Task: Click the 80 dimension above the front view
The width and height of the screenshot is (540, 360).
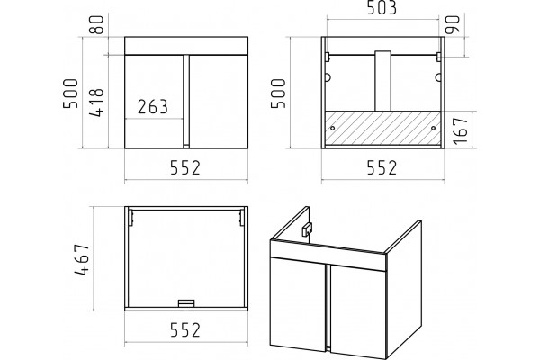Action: (98, 24)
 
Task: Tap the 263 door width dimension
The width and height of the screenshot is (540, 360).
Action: (153, 107)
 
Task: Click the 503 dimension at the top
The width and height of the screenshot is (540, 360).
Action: (382, 8)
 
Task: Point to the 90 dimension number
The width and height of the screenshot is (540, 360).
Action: (454, 24)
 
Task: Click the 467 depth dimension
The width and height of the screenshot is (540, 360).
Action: (83, 260)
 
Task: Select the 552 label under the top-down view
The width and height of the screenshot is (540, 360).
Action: (185, 330)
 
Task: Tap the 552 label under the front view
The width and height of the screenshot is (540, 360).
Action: (185, 167)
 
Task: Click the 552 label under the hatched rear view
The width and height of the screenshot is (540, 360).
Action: (382, 167)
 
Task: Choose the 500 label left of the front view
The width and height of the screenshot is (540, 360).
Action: (70, 94)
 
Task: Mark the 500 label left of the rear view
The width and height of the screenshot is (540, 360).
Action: (278, 94)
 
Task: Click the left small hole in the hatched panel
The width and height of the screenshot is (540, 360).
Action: (332, 128)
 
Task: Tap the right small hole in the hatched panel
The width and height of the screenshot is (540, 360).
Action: (433, 128)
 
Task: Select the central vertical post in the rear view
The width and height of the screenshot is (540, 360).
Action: (383, 81)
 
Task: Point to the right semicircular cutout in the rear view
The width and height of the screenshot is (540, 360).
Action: (438, 77)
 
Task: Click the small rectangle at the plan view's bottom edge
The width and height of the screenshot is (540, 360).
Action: (186, 303)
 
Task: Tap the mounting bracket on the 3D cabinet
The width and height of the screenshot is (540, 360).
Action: (307, 229)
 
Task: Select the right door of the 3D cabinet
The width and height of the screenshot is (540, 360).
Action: (358, 310)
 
